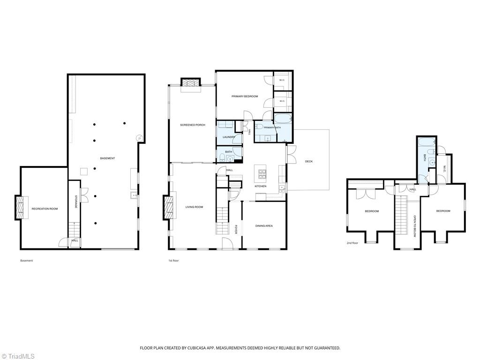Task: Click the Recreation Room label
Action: pos(45,209)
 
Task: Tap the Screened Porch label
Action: pos(193,125)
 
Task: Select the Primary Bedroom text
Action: pos(245,97)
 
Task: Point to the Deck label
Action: pos(309,161)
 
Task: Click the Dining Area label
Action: pos(264,226)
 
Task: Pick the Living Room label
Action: pos(195,207)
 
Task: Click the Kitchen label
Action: pos(261,186)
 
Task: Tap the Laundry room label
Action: pos(229,137)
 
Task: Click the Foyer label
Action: pos(236,230)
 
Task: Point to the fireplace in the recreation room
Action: pos(20,208)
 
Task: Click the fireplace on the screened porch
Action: pos(190,82)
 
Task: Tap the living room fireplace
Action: pos(169,207)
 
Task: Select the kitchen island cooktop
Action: pos(262,174)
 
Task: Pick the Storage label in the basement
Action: pos(76,202)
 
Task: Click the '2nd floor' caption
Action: pos(352,243)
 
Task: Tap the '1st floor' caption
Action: pos(173,261)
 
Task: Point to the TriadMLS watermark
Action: pos(17,356)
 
